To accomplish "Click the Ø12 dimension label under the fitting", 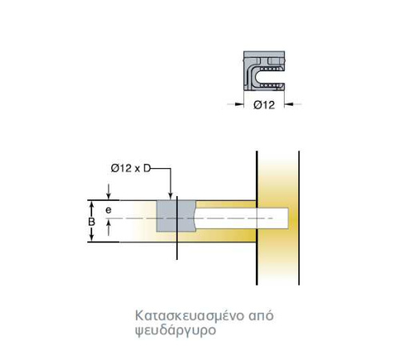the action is tap(264, 105).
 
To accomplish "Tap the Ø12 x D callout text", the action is tap(130, 168).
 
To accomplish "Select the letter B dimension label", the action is tap(91, 222).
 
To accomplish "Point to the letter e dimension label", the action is tap(108, 210).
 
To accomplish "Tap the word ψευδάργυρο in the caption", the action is tap(175, 330).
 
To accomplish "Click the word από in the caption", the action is tap(261, 316).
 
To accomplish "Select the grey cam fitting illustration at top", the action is tap(264, 70).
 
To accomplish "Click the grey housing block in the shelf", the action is tap(176, 216).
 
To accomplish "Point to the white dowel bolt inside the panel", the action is tap(242, 218).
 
